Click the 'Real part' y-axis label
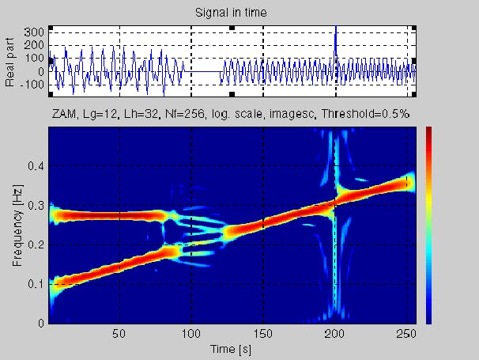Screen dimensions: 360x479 pyautogui.click(x=11, y=61)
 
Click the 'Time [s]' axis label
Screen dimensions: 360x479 pyautogui.click(x=230, y=348)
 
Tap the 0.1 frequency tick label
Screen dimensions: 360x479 pyautogui.click(x=36, y=284)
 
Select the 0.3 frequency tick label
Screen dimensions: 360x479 pyautogui.click(x=36, y=205)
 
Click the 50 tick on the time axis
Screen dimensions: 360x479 pyautogui.click(x=119, y=333)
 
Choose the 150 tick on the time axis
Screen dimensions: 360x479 pyautogui.click(x=263, y=333)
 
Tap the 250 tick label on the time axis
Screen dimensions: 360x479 pyautogui.click(x=407, y=333)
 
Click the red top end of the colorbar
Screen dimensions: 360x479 pyautogui.click(x=428, y=130)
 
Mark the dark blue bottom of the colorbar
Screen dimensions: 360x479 pyautogui.click(x=428, y=319)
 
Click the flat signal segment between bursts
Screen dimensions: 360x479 pyautogui.click(x=205, y=72)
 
